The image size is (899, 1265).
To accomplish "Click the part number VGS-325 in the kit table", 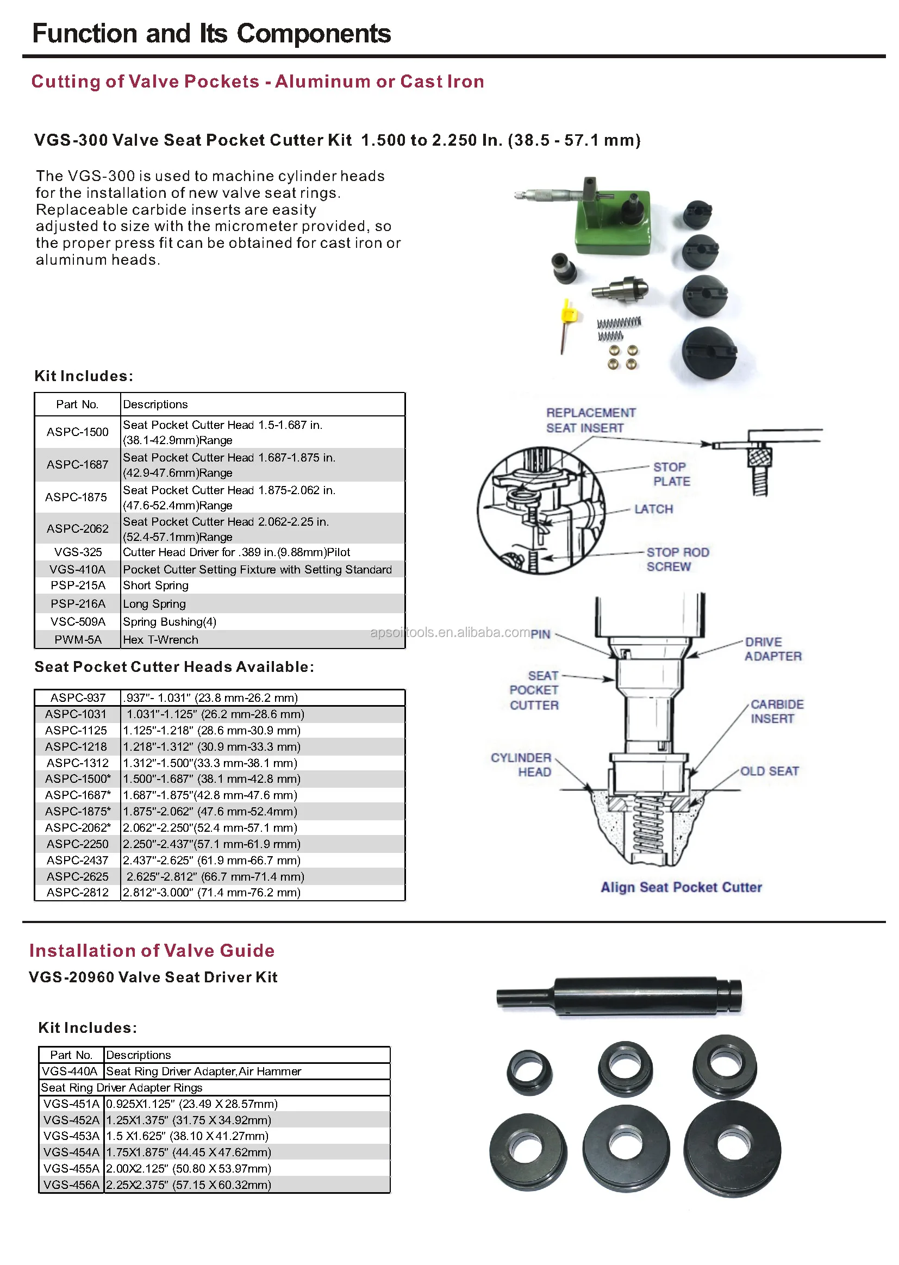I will tap(78, 552).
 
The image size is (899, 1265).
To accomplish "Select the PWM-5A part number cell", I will tap(78, 639).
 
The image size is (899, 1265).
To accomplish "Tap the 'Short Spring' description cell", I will tap(155, 585).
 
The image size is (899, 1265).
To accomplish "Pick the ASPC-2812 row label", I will tap(78, 893).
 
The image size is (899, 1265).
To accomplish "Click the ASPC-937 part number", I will tap(78, 697).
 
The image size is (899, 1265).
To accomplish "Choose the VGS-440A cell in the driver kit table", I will tap(70, 1071).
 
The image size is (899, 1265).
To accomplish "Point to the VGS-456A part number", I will tap(71, 1185).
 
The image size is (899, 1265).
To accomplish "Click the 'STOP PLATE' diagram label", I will tap(671, 475).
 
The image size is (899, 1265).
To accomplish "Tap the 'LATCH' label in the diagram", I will tap(653, 509).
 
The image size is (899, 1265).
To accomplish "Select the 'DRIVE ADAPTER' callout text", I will tap(772, 649).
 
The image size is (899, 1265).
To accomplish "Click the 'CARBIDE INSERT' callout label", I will tap(777, 712).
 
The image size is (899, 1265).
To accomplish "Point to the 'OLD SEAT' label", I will tap(770, 771).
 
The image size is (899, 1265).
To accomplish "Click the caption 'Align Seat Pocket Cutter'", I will tap(681, 887).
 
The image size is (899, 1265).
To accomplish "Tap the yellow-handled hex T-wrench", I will tap(567, 321).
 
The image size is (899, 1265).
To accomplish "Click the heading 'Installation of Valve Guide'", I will tap(152, 951).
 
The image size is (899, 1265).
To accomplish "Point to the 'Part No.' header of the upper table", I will tap(78, 404).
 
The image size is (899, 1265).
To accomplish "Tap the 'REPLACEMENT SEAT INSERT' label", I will tap(590, 420).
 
